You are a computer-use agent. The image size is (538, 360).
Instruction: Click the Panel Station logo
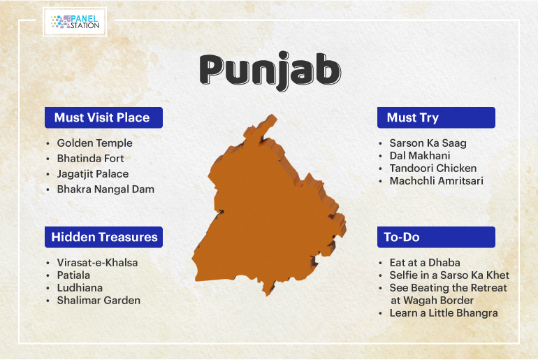(75, 22)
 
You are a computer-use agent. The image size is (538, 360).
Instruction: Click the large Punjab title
(270, 71)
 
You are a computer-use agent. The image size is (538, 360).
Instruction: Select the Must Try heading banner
(436, 117)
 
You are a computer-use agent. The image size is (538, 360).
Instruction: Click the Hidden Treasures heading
(103, 237)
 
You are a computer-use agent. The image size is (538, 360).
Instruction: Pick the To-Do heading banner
(436, 237)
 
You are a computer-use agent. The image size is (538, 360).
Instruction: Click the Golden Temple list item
(95, 143)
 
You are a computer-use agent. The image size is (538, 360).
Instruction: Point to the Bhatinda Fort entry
(90, 158)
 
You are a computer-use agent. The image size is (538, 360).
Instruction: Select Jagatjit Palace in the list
(93, 174)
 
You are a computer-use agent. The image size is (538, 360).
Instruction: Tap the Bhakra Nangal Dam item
(106, 189)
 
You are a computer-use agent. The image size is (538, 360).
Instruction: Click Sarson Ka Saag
(428, 143)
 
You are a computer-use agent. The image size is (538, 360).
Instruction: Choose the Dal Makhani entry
(420, 155)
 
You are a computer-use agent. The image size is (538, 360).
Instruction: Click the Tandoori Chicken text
(433, 168)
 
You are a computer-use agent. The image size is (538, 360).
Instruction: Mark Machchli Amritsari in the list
(437, 181)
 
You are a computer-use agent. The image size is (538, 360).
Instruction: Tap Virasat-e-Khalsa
(97, 263)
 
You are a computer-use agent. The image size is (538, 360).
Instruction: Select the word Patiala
(73, 275)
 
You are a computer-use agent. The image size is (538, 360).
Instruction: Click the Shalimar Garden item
(99, 301)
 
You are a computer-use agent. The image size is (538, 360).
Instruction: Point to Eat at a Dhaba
(425, 263)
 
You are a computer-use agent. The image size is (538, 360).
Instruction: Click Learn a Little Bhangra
(444, 313)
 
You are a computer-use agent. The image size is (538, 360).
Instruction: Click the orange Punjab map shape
(268, 219)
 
